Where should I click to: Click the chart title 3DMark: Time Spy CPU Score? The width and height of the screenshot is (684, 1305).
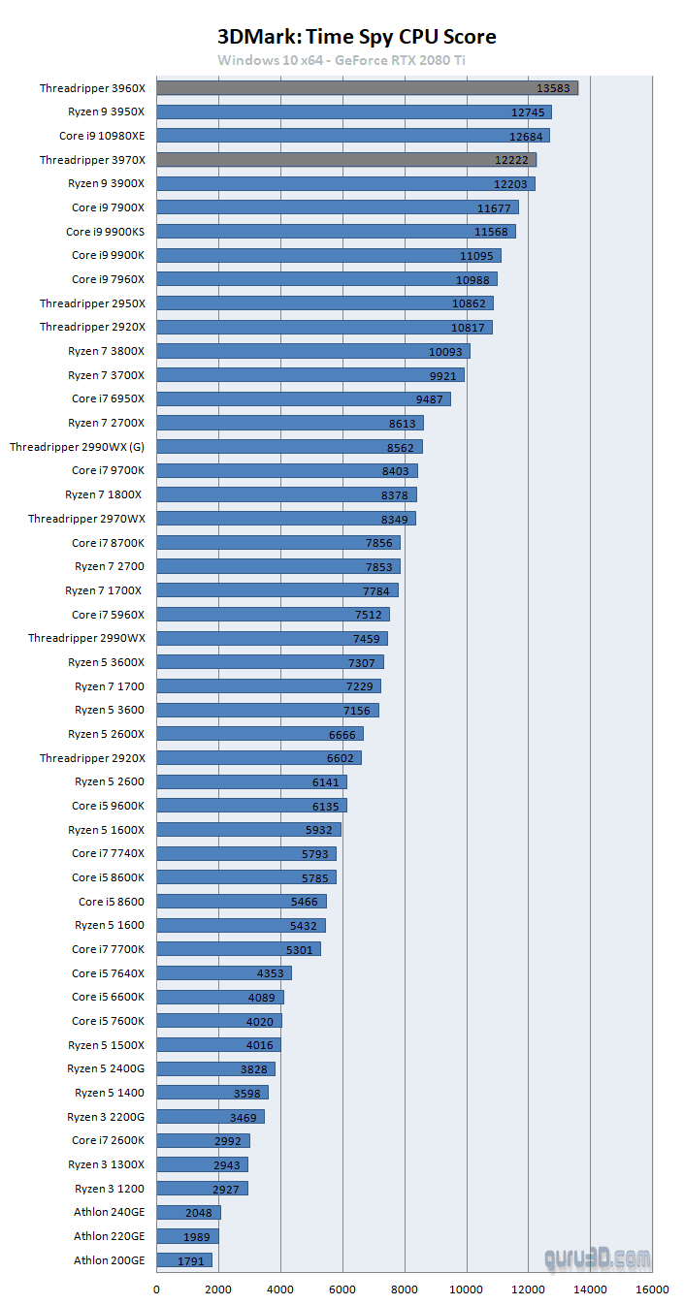(x=357, y=37)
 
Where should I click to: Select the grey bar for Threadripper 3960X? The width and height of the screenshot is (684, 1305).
(x=367, y=88)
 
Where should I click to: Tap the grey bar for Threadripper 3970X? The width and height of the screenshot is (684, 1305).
(x=346, y=160)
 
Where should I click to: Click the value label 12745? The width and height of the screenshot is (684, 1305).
(x=527, y=112)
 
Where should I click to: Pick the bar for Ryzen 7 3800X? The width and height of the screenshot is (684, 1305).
(x=312, y=351)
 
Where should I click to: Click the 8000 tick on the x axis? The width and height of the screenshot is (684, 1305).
(x=405, y=1289)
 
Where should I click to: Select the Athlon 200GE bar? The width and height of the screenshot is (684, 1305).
(x=184, y=1260)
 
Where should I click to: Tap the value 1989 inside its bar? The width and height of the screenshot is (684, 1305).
(x=196, y=1236)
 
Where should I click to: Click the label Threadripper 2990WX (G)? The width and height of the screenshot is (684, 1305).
(x=77, y=447)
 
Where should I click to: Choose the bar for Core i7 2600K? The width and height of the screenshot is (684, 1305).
(x=203, y=1140)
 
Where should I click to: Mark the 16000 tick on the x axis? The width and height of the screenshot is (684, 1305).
(x=652, y=1289)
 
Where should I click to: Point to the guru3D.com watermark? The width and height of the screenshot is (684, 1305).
(x=597, y=1258)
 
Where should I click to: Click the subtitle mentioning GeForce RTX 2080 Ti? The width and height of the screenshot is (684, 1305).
(x=356, y=60)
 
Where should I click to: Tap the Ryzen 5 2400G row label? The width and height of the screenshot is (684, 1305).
(x=106, y=1068)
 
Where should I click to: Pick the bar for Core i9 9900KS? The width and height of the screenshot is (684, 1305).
(x=336, y=232)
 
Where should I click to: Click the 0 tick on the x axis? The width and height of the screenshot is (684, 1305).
(x=157, y=1289)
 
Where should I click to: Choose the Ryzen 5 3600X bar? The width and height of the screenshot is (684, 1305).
(x=270, y=662)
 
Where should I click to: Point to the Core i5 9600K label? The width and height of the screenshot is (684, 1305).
(x=108, y=806)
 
